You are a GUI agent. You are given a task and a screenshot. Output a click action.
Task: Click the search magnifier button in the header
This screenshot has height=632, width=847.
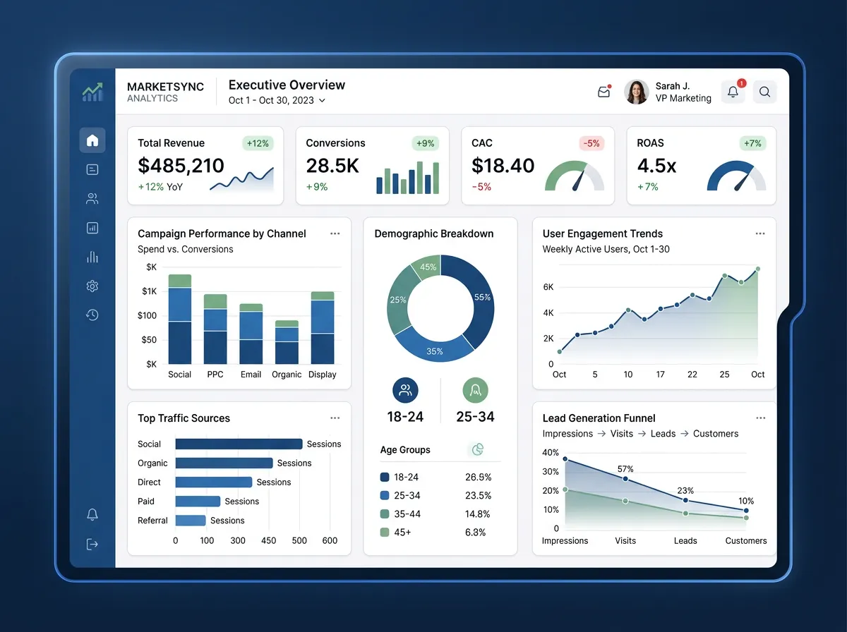click(x=764, y=92)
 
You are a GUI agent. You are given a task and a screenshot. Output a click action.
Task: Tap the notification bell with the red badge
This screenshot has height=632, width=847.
click(x=733, y=92)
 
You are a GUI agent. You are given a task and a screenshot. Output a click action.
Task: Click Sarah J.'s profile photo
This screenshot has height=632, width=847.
click(x=636, y=92)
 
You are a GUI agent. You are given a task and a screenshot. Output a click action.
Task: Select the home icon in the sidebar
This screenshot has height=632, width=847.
click(x=92, y=140)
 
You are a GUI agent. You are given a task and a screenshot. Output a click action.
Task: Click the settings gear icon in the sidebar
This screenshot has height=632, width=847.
click(x=92, y=286)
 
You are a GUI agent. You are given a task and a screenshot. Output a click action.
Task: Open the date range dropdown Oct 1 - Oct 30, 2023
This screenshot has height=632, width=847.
click(x=277, y=100)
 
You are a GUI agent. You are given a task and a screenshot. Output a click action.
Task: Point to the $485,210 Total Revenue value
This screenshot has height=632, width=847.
click(x=181, y=166)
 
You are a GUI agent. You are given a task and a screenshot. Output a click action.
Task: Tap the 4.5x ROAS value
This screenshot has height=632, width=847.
click(x=656, y=166)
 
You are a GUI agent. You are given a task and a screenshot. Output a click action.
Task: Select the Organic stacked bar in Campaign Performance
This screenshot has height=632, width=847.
click(x=287, y=342)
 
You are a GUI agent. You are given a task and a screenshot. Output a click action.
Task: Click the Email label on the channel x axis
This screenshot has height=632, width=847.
click(x=251, y=375)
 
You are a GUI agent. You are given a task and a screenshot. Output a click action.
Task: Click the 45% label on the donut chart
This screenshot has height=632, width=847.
click(x=428, y=267)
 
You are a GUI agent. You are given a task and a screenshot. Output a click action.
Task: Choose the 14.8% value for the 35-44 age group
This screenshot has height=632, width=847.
click(x=478, y=514)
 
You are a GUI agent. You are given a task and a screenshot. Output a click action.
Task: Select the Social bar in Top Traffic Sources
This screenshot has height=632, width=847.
click(x=239, y=444)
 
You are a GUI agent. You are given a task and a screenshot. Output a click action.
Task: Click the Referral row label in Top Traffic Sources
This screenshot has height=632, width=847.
click(x=152, y=521)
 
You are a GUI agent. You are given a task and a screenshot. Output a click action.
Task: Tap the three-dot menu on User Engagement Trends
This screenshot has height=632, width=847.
click(x=760, y=233)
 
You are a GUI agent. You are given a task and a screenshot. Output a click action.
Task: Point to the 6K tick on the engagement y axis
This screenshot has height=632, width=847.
click(x=548, y=287)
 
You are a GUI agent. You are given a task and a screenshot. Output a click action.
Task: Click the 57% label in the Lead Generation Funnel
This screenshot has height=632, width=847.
click(x=625, y=469)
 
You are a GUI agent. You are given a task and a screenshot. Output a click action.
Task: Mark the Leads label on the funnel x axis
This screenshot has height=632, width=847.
click(x=685, y=541)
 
